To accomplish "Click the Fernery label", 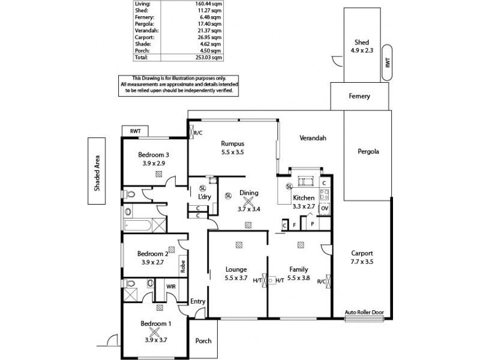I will pos(359,96).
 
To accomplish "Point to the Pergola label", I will pos(367,151).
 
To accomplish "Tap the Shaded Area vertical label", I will pos(96,172).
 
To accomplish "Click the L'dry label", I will pos(197,197).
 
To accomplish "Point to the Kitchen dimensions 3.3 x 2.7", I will pos(303,206).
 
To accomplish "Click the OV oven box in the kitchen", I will pos(325,208).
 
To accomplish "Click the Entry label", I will pos(197,301).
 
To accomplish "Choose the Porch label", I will pos(203,341).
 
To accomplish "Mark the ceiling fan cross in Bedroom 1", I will pos(155,331).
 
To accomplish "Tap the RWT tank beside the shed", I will pos(388,62).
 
